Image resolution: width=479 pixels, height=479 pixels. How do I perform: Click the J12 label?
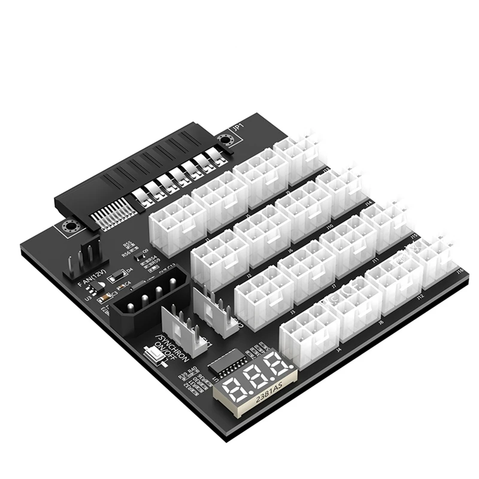tap(420, 297)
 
